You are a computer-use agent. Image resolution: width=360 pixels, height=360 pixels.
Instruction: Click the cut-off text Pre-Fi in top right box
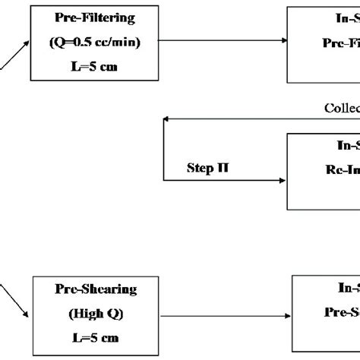(x=338, y=45)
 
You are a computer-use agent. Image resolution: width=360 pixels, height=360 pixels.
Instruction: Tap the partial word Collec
(x=341, y=108)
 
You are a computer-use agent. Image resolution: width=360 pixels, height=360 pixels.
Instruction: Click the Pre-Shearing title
(x=89, y=289)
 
